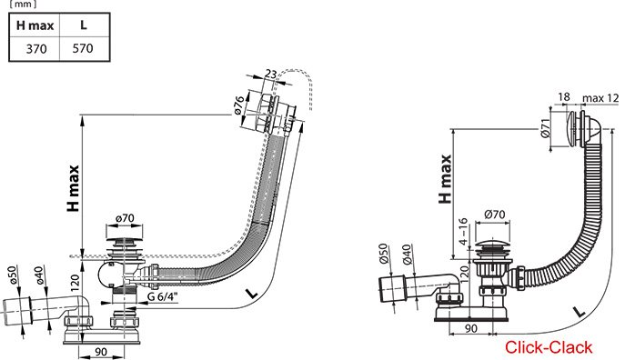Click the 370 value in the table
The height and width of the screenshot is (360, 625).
coord(36,49)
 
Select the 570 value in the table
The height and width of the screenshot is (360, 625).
coord(83,48)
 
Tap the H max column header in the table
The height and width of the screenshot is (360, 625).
coord(35,25)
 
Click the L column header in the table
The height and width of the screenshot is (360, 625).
coord(83,25)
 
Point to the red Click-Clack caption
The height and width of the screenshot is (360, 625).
coord(549,347)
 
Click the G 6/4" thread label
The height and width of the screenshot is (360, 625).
coord(162,296)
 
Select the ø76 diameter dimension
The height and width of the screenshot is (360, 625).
coord(239,105)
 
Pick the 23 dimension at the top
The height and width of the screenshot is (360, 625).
coord(270,74)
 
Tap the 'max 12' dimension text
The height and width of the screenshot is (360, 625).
coord(600,98)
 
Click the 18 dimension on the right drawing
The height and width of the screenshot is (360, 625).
coord(564,96)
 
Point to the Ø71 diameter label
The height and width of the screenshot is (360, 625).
coord(546,128)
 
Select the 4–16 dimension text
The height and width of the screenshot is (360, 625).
coord(463,231)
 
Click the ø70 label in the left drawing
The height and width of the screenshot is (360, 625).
coord(125,218)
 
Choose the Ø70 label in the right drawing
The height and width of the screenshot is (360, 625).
coord(495,215)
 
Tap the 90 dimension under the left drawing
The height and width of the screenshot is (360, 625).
coord(101,352)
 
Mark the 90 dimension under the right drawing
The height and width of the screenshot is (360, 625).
coord(471,328)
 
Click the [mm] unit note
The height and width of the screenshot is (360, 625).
coord(23,5)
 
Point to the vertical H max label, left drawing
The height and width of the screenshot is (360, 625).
coord(74,188)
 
